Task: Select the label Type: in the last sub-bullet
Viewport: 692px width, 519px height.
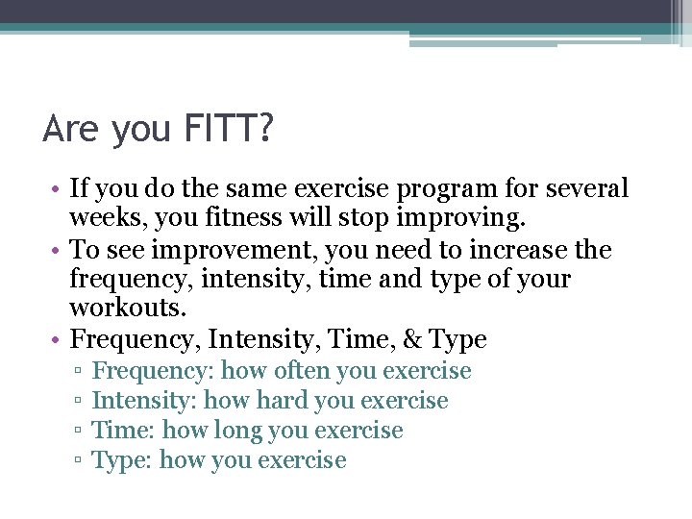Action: click(x=122, y=460)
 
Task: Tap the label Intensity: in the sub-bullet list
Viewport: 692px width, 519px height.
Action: click(x=144, y=401)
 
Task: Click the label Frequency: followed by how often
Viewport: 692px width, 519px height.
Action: click(x=154, y=371)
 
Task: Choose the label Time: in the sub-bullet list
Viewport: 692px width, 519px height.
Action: click(x=120, y=431)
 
